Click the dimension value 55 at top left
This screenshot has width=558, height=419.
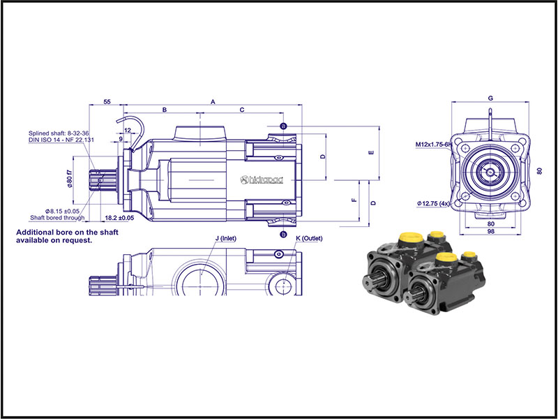[107, 102]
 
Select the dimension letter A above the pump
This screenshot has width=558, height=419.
[213, 102]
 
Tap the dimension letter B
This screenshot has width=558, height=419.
[165, 110]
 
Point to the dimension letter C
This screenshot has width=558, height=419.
[242, 110]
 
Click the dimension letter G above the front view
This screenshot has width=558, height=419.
[491, 97]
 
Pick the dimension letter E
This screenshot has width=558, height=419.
[372, 152]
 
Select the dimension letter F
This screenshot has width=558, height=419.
[354, 200]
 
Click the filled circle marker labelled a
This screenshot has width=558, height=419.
[284, 126]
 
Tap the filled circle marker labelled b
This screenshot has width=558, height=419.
[284, 235]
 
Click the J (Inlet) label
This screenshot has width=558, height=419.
[225, 239]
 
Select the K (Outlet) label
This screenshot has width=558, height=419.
[310, 239]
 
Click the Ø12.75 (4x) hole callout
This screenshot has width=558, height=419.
[437, 203]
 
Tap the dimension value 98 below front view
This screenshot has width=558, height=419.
[491, 232]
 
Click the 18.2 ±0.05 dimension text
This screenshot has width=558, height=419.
[118, 218]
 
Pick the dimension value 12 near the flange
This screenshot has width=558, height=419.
[128, 131]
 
